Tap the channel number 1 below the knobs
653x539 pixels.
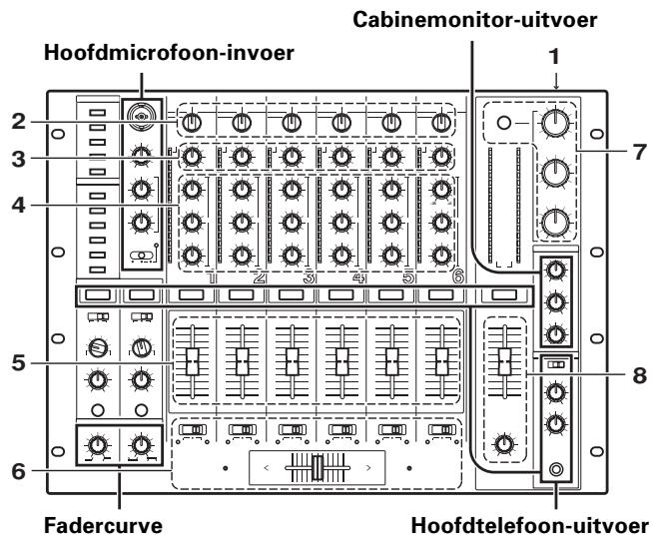tap(211, 280)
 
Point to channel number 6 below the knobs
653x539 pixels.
tap(457, 280)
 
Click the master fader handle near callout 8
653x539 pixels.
tap(505, 356)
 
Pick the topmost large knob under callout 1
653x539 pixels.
tap(555, 124)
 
